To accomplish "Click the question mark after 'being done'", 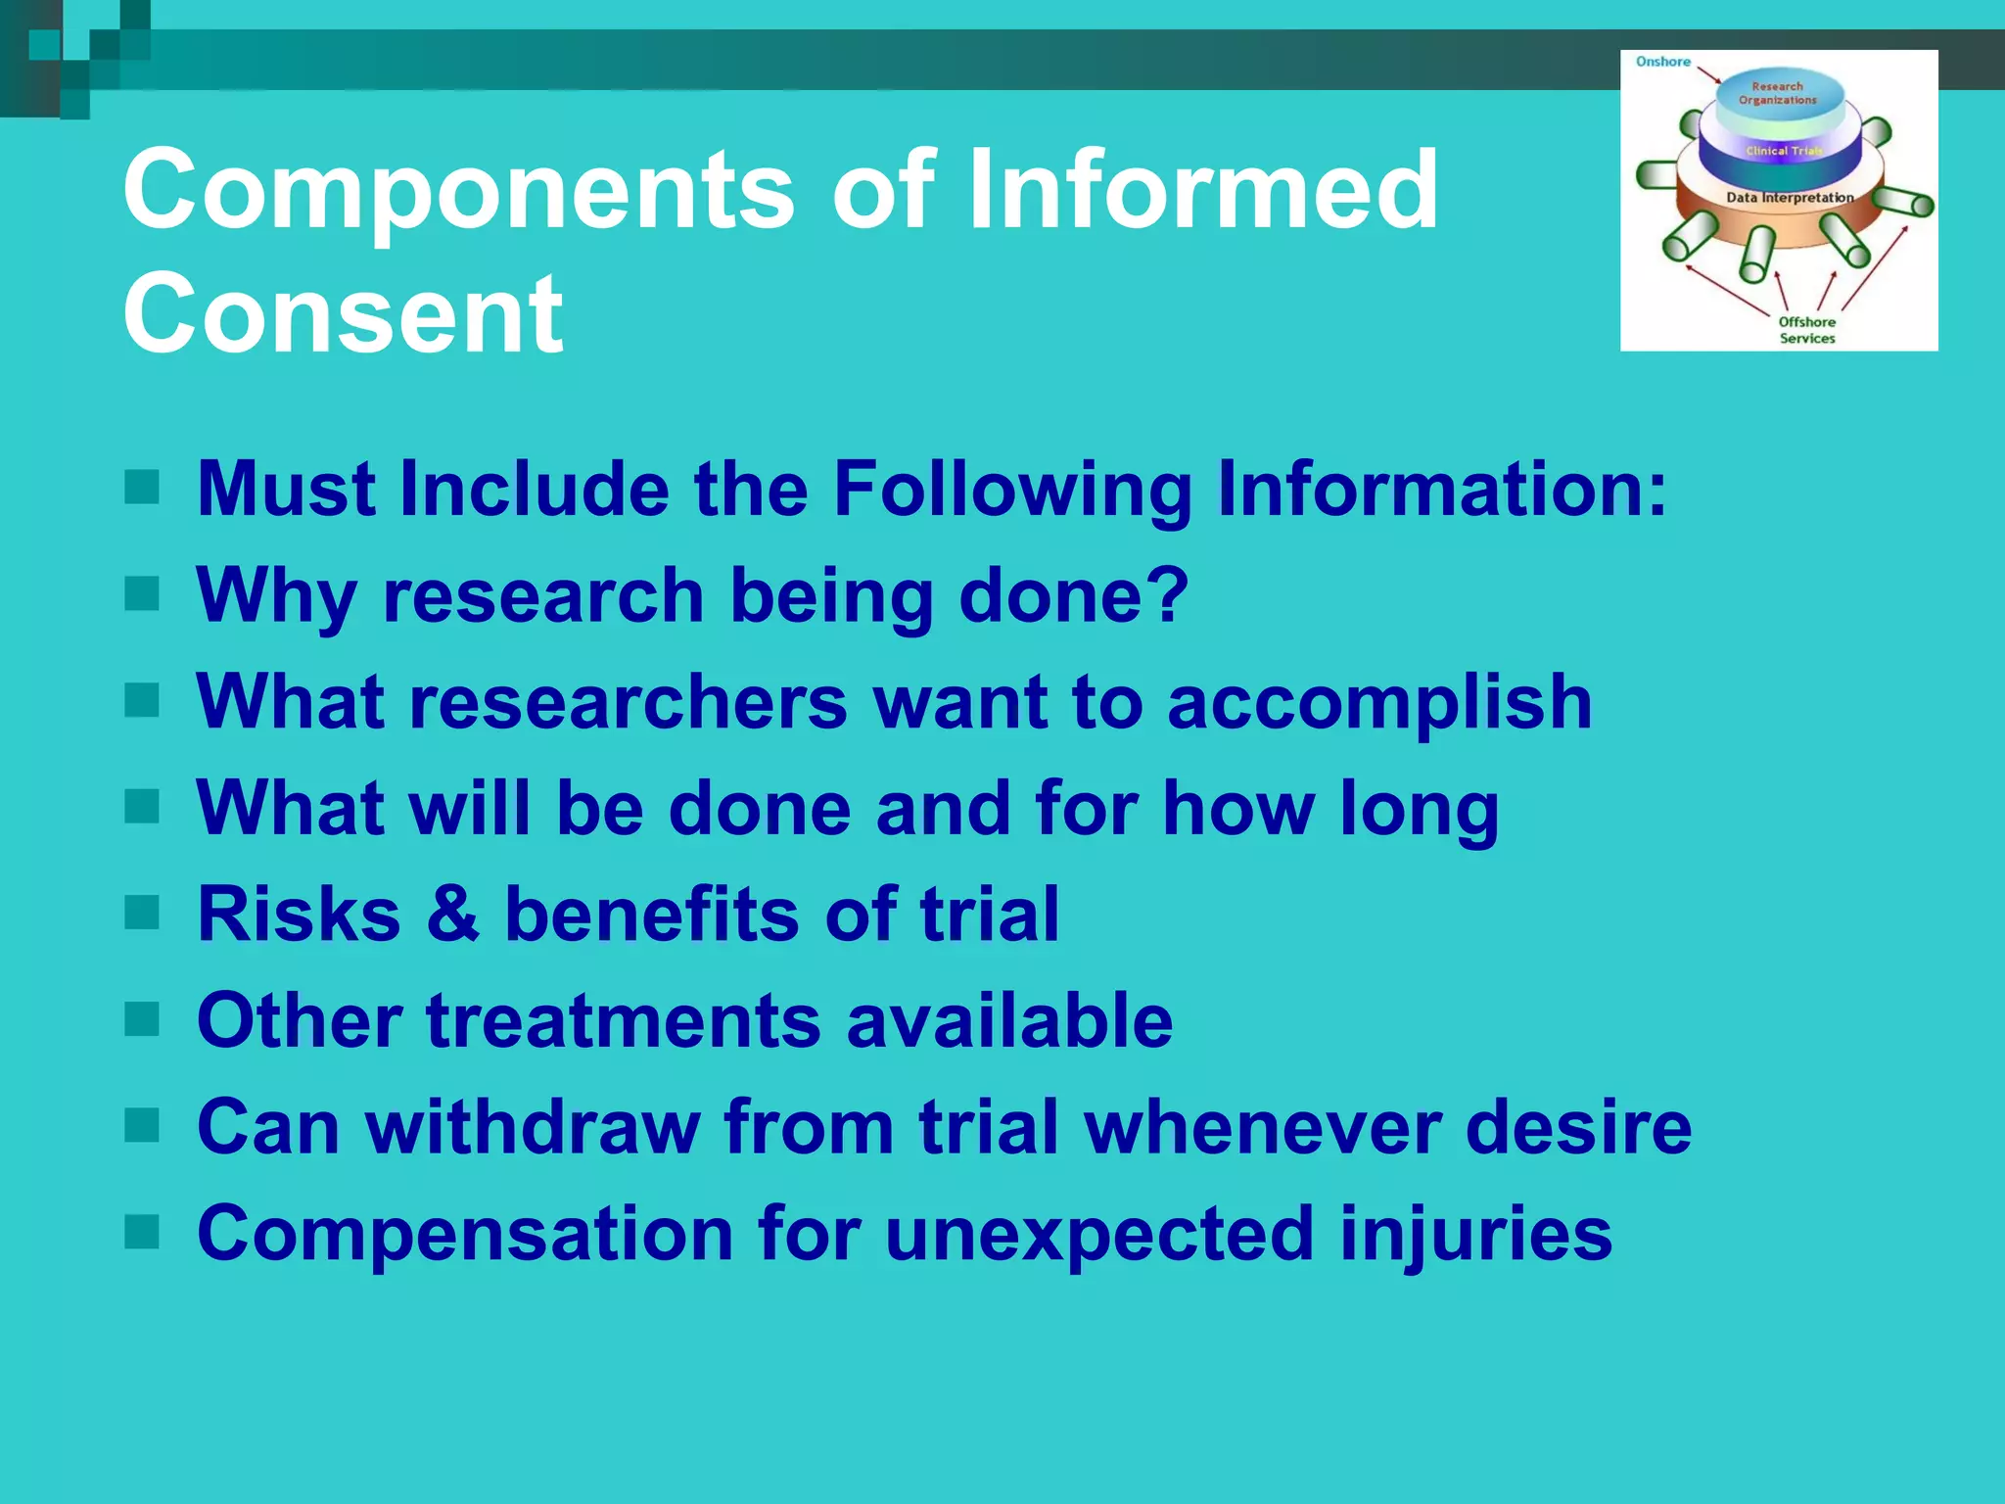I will point(1169,594).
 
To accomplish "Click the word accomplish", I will point(1379,703).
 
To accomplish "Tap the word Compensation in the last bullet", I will point(465,1234).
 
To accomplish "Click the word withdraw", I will point(534,1126).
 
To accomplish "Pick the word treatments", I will point(623,1020).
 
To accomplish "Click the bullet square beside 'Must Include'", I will point(142,487).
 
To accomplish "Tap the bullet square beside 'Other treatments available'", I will point(142,1018).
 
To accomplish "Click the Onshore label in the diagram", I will point(1662,62).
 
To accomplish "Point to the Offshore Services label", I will point(1806,330).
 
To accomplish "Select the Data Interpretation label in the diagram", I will point(1790,198).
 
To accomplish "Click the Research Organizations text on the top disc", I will point(1777,93).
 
